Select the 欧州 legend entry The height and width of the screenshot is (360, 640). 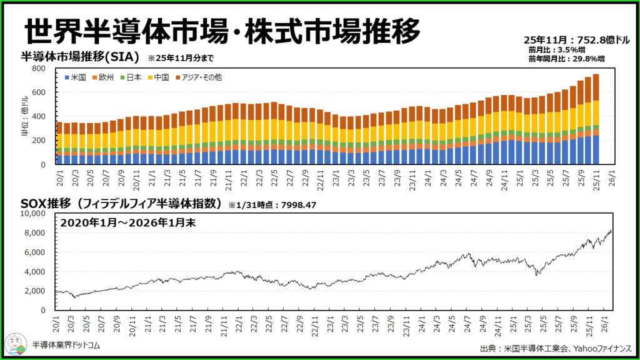pos(102,77)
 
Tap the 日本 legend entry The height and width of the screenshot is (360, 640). pos(130,77)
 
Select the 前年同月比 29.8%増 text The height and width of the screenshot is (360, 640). pos(566,59)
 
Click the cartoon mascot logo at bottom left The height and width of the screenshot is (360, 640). pos(17,343)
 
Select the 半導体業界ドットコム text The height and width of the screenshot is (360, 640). pos(66,344)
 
